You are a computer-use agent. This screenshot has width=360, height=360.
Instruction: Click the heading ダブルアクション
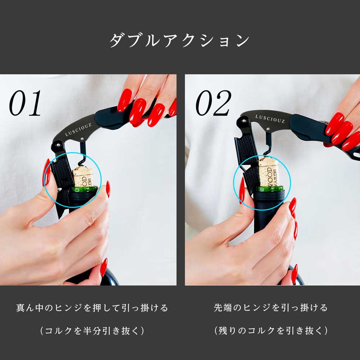coord(179,40)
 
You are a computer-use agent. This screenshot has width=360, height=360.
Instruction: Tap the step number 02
coord(213,104)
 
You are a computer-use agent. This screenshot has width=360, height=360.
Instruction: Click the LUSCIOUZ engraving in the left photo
coord(78,129)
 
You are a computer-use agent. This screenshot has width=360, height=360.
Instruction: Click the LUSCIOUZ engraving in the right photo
coord(270,119)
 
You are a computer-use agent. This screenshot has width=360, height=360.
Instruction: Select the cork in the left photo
coord(83,176)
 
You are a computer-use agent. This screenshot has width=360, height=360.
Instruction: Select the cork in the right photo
coord(269,172)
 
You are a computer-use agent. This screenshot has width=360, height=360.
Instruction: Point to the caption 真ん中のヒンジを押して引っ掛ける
coord(92,308)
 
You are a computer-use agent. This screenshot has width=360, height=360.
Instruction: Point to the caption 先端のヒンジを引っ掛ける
coord(270,308)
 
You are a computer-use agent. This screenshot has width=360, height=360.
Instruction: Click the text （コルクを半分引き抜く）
coord(92,331)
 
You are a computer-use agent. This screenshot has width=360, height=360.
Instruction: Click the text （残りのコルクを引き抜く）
coord(270,331)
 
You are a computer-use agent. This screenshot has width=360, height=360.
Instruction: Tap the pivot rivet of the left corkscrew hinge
coord(57,146)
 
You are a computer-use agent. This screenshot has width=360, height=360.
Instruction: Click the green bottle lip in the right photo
coord(270,188)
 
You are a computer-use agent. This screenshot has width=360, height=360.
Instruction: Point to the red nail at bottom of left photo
coord(104,267)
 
